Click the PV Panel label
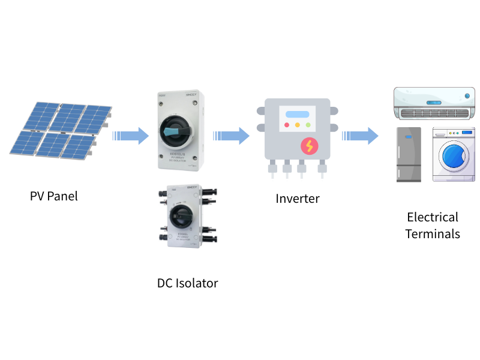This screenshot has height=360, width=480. point(54,196)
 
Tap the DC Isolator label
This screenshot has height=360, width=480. point(187,283)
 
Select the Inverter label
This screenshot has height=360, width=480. point(298,198)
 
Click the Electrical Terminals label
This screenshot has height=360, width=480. point(433,225)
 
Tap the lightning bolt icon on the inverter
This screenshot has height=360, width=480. point(310,146)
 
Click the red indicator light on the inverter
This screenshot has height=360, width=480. point(287,125)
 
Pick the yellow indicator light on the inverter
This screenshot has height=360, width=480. point(298,125)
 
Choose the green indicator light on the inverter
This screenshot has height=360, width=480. point(308,125)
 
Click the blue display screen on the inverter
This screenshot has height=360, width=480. point(298,114)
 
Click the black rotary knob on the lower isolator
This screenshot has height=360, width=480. point(179,217)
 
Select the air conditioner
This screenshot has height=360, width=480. point(434,104)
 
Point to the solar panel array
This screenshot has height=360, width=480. point(60,131)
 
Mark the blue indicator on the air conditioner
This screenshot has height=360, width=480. point(467,95)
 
